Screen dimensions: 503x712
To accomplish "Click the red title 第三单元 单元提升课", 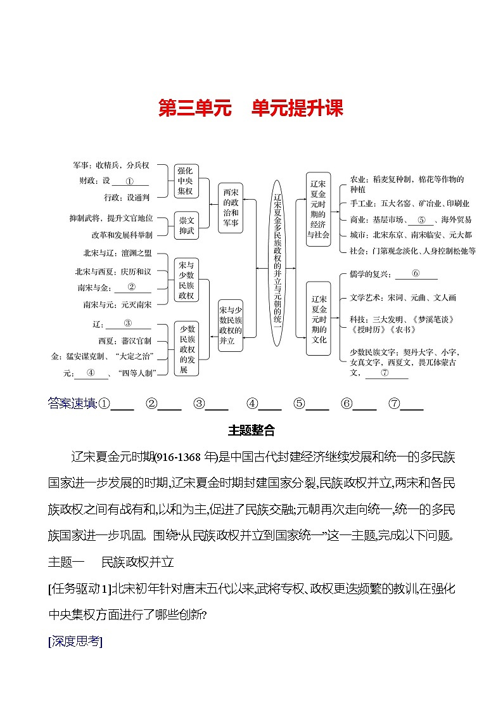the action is [251, 108].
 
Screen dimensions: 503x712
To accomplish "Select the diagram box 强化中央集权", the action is [188, 181].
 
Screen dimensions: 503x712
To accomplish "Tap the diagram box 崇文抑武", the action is [188, 226].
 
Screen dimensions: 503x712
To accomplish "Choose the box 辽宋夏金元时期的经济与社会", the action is [318, 207].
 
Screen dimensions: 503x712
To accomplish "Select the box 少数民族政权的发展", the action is [188, 349].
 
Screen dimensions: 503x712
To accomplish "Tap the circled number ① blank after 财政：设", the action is [129, 181].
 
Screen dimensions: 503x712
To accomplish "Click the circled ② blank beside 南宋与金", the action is [132, 287].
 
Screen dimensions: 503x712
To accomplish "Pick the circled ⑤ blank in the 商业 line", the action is [420, 220].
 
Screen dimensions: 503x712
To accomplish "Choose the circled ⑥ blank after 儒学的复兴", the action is [416, 274].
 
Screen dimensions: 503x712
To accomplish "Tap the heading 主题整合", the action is [251, 430].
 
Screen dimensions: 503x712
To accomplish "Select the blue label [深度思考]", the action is [75, 641].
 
